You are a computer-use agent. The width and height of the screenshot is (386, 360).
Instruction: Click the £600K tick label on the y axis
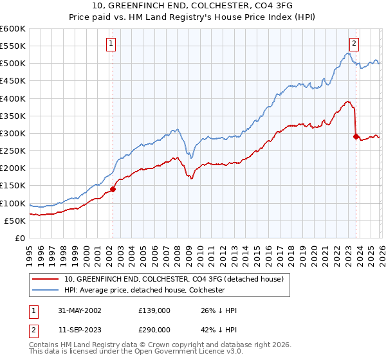click(13, 29)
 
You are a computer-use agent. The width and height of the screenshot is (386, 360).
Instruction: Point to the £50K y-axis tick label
click(15, 221)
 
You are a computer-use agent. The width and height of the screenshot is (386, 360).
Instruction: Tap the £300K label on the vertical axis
click(13, 133)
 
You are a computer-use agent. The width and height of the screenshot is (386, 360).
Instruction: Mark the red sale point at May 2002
click(113, 189)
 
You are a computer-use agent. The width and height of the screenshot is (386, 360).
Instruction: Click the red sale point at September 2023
click(356, 136)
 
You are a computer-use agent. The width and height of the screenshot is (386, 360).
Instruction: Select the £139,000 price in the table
click(154, 310)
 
